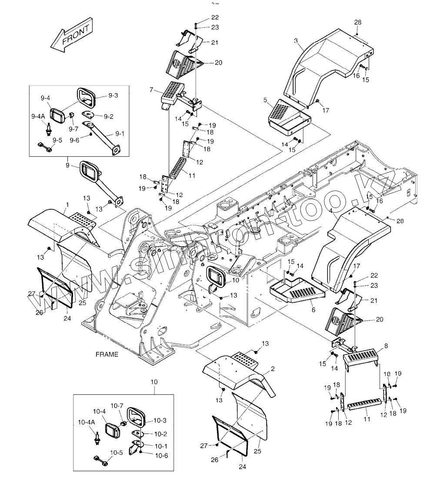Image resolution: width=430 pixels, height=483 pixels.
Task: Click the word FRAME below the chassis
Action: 107,354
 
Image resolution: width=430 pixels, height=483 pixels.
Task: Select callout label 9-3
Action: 113,96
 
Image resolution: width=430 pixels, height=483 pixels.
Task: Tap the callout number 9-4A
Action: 38,116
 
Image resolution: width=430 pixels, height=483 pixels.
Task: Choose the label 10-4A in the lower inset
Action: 87,422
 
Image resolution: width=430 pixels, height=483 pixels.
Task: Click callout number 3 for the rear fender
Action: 296,41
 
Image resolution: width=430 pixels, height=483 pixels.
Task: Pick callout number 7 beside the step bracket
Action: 151,90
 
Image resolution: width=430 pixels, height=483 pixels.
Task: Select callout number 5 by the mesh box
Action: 265,99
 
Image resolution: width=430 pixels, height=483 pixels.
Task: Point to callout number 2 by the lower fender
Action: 273,369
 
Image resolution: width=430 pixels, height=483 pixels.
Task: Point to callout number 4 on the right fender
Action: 332,211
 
